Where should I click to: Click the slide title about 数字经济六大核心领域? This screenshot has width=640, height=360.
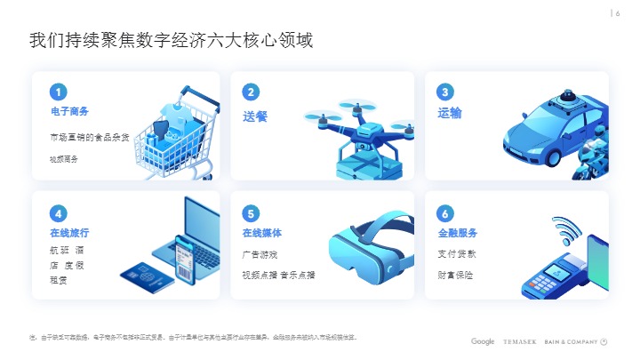click(171, 41)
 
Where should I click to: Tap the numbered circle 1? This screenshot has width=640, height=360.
click(59, 92)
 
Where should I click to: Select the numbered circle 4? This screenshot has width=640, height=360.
click(59, 213)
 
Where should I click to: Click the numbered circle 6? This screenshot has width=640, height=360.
click(445, 213)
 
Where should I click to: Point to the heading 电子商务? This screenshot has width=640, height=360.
click(69, 112)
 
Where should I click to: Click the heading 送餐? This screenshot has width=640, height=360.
click(255, 116)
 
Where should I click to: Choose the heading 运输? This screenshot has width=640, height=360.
click(450, 114)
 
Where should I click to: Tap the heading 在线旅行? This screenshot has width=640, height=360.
click(69, 233)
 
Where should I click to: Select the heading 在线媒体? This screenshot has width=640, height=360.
click(262, 233)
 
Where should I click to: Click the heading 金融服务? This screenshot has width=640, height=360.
click(458, 233)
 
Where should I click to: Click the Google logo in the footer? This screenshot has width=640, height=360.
click(483, 341)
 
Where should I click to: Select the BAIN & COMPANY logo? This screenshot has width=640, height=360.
click(573, 341)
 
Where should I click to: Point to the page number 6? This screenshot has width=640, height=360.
click(617, 12)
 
